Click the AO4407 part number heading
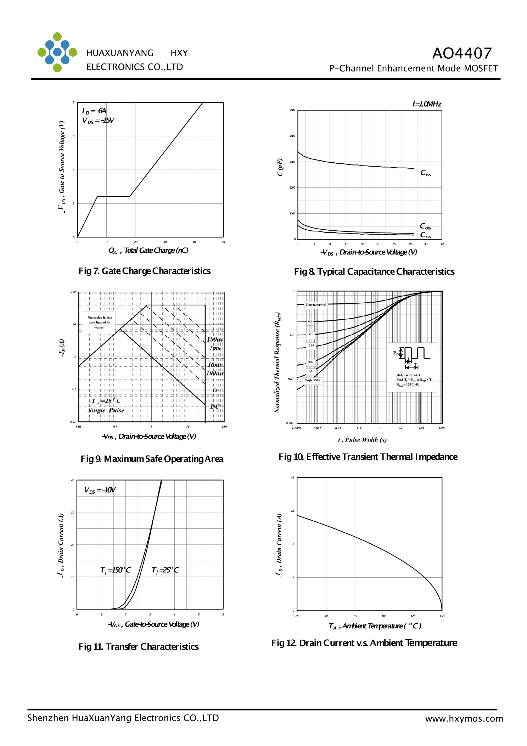click(x=462, y=54)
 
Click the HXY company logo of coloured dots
click(x=57, y=52)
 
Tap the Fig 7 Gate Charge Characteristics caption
click(x=144, y=271)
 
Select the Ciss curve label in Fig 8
click(x=425, y=173)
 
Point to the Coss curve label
click(x=425, y=226)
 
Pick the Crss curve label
click(x=425, y=235)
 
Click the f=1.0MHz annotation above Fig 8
click(x=427, y=104)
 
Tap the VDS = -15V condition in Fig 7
click(x=98, y=120)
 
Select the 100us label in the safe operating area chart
click(x=214, y=340)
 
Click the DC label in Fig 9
click(x=215, y=406)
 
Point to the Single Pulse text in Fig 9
click(x=106, y=410)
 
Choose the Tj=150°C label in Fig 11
click(x=116, y=570)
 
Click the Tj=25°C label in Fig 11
click(x=165, y=570)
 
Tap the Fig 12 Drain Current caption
click(x=364, y=643)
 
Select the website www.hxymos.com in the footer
click(x=464, y=719)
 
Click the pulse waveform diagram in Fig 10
click(x=413, y=358)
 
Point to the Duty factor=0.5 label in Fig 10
click(x=316, y=305)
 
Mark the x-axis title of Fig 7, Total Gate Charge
click(x=148, y=251)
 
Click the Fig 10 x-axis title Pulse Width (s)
click(x=362, y=440)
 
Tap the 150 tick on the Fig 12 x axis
click(x=442, y=616)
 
